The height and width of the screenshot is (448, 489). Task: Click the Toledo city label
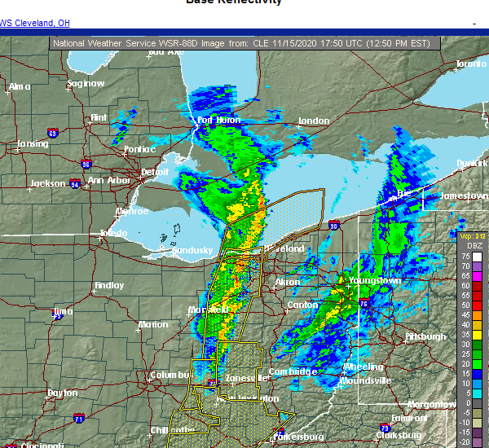click(114, 233)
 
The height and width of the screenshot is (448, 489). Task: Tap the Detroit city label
click(155, 172)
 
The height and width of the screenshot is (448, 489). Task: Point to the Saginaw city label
click(86, 83)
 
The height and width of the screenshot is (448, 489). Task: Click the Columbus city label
click(170, 375)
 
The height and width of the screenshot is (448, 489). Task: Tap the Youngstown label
click(375, 280)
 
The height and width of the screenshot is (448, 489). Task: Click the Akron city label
click(288, 282)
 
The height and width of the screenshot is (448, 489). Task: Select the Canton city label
click(302, 305)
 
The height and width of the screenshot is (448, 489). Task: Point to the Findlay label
click(109, 286)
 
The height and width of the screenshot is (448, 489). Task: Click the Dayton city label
click(63, 393)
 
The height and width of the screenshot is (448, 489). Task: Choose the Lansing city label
click(33, 144)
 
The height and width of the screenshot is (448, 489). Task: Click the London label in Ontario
click(314, 121)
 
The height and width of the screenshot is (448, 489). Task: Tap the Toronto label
click(470, 64)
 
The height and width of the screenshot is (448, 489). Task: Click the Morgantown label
click(431, 404)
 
